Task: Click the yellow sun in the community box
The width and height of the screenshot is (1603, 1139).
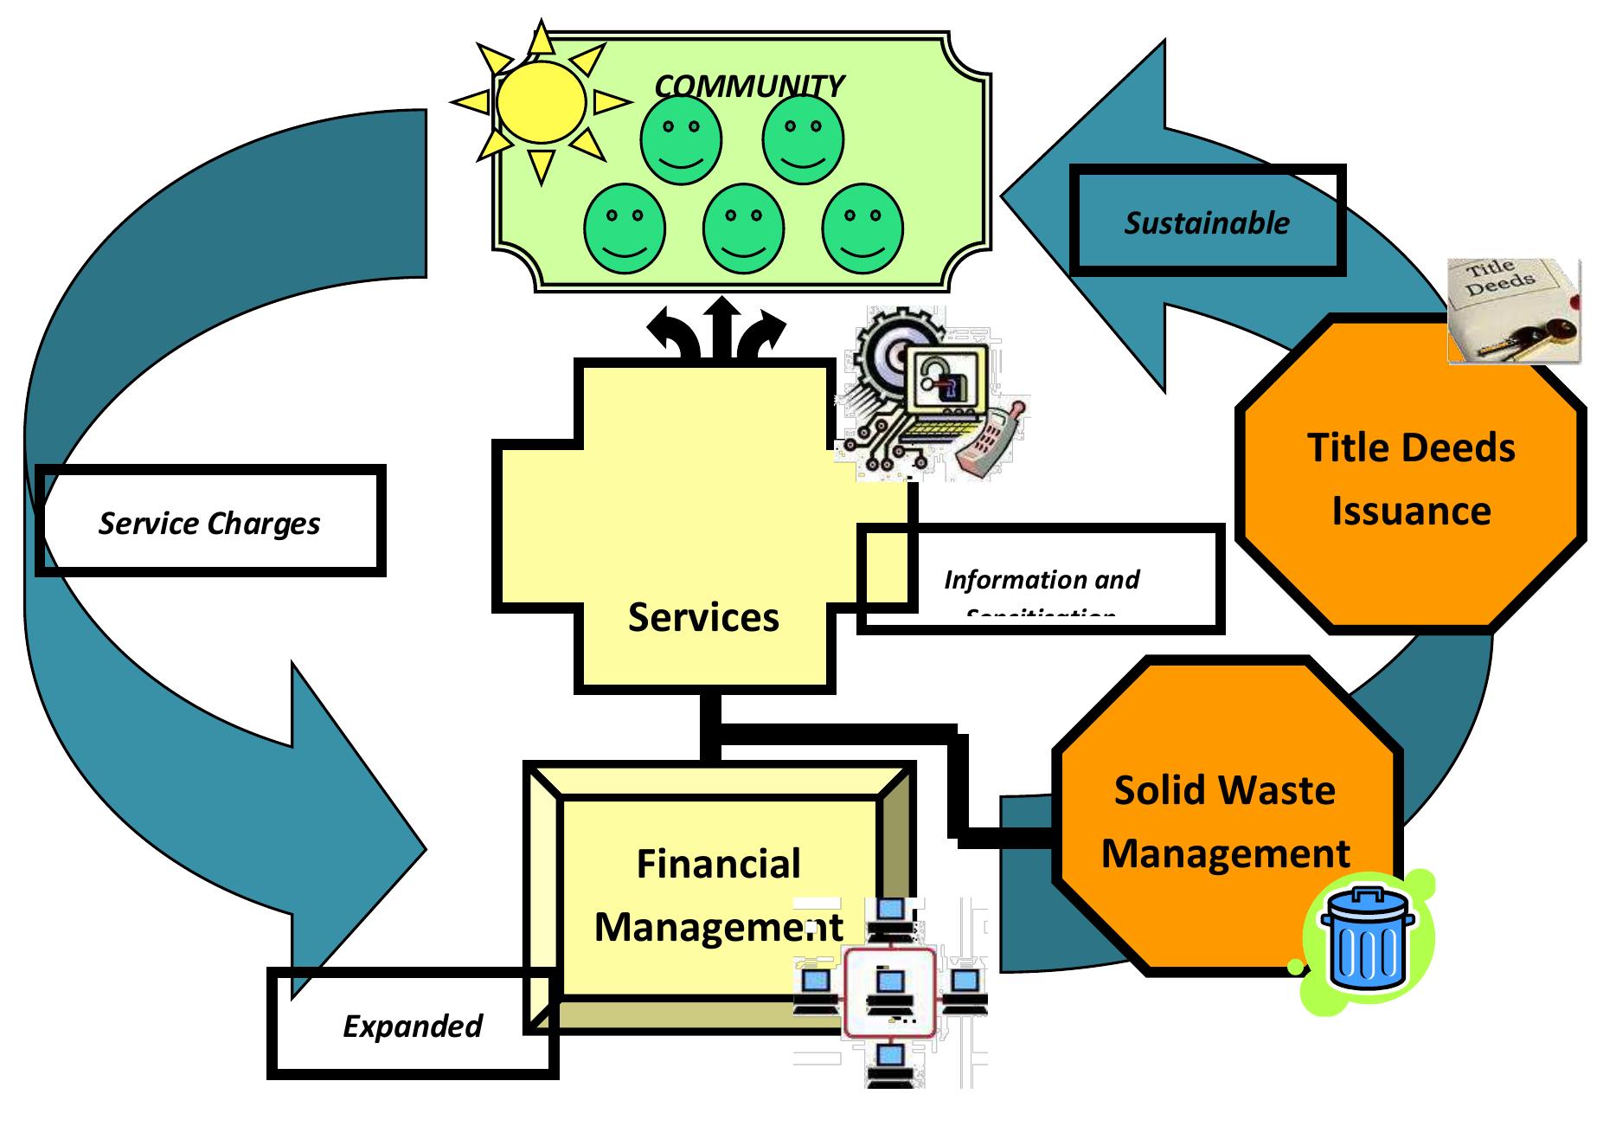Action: point(541,102)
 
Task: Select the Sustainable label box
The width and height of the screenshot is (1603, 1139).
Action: point(1207,222)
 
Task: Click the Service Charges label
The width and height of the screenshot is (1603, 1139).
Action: point(209,523)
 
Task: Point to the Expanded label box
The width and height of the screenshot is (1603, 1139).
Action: point(412,1026)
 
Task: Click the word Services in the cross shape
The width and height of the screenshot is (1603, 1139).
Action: point(703,617)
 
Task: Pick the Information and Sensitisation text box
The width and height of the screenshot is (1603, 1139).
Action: point(1042,579)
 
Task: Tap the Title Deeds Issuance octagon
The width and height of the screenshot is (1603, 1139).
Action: point(1410,478)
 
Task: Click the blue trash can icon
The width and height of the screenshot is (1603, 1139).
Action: point(1366,938)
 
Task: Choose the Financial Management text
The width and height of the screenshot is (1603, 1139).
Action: point(718,895)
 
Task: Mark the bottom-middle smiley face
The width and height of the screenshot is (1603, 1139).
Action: point(743,228)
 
